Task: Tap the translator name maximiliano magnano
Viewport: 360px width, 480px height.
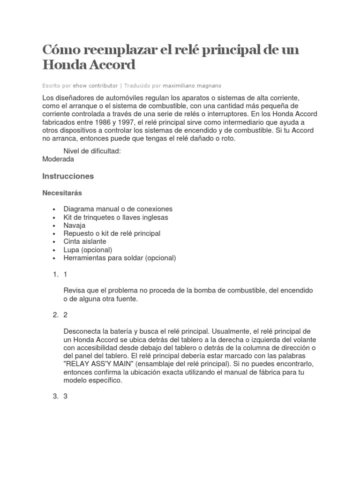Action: point(192,86)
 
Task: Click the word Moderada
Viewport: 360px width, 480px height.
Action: point(58,159)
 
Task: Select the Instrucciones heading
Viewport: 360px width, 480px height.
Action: point(68,176)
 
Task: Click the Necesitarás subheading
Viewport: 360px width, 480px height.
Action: point(62,193)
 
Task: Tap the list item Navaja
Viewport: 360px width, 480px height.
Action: point(75,225)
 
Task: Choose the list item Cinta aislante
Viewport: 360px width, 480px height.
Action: point(85,241)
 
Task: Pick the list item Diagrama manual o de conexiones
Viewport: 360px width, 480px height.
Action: point(118,209)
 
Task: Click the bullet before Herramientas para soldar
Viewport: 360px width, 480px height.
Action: point(55,258)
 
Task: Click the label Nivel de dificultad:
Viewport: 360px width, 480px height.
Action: point(92,150)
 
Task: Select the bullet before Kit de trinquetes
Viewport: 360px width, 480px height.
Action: point(55,217)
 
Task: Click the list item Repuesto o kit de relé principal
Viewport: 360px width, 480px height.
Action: point(112,233)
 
